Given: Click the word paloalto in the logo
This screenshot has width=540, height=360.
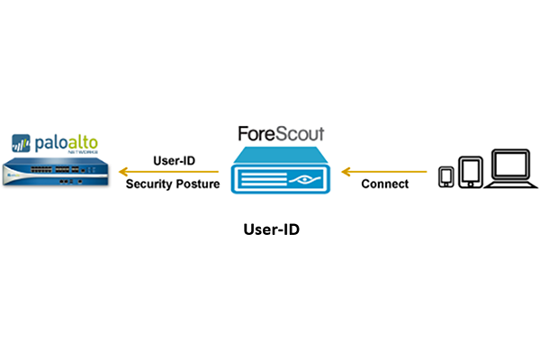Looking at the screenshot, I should tap(66, 141).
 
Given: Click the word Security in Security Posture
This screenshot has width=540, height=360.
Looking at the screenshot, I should tap(149, 184).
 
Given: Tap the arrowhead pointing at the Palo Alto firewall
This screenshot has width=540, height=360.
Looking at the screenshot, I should tap(127, 170).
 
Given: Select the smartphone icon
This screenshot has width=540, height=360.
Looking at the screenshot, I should tap(446, 176).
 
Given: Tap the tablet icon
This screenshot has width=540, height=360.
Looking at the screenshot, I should tap(471, 172).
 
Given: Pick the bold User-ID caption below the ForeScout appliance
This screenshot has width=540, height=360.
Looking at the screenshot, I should tap(271, 229).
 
